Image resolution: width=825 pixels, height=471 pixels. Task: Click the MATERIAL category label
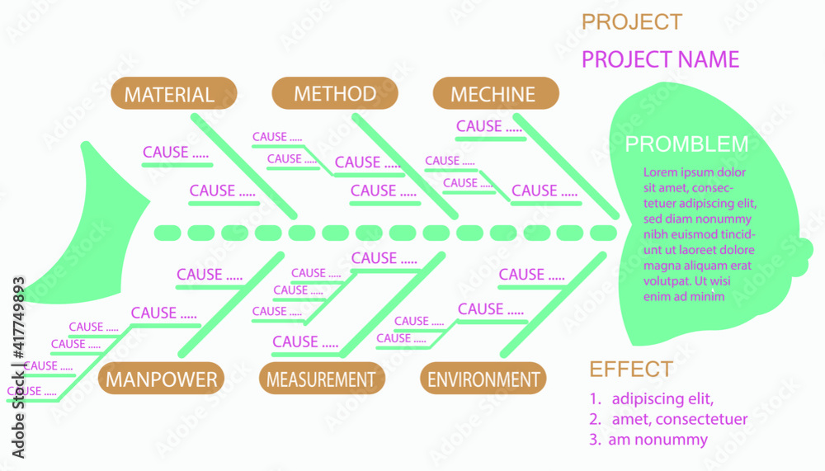point(169,94)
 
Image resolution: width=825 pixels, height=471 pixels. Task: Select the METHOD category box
point(334,93)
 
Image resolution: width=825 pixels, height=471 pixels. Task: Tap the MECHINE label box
point(493,94)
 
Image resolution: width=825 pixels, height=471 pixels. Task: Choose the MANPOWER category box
point(162,379)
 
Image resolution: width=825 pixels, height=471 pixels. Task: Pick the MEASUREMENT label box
point(321,379)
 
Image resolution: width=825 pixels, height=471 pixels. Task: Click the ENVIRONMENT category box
point(483,379)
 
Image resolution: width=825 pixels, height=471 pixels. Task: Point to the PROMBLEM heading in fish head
point(686,144)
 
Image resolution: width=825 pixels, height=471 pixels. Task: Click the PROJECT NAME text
point(660,59)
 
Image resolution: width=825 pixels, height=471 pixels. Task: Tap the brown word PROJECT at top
point(631,22)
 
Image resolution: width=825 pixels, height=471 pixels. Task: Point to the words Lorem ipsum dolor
point(694,172)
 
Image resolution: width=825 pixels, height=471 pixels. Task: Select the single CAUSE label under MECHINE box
point(489,126)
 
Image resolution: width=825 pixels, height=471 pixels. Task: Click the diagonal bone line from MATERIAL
point(243,165)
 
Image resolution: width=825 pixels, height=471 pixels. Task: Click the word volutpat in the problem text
point(665,280)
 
